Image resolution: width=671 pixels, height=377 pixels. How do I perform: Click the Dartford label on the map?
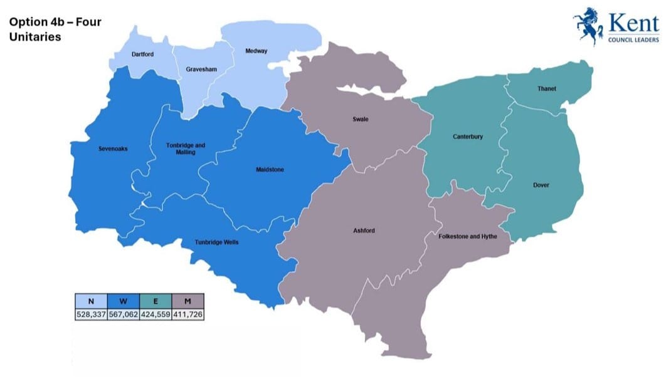click(x=142, y=54)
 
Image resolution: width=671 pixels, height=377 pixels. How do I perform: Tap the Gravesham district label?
click(x=201, y=69)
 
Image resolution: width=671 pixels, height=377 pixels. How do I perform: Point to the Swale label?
click(x=359, y=119)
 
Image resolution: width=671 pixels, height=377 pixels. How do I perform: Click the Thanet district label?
click(x=546, y=89)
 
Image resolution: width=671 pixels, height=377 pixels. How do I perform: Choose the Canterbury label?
click(x=468, y=137)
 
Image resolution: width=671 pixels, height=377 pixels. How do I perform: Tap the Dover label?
click(x=541, y=185)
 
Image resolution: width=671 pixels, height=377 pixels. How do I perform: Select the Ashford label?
click(x=364, y=230)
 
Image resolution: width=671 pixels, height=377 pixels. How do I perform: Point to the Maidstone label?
click(x=270, y=169)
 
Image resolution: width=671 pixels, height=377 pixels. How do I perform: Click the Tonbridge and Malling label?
click(x=186, y=148)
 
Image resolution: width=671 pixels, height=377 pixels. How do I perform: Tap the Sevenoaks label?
click(x=113, y=148)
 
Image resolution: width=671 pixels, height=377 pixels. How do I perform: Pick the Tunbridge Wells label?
click(x=216, y=242)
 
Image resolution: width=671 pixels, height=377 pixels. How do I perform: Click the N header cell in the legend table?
click(x=91, y=301)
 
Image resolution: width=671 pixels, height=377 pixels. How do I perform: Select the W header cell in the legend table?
click(x=123, y=301)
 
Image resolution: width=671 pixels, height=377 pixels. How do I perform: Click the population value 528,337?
click(x=91, y=313)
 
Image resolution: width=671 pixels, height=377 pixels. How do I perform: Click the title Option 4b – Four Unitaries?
click(x=55, y=29)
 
